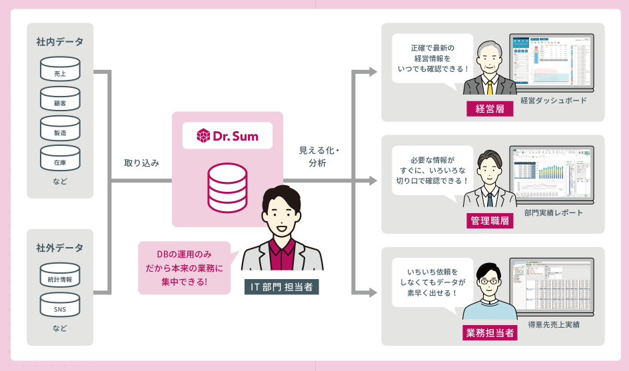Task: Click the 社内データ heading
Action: pyautogui.click(x=60, y=42)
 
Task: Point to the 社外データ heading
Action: pyautogui.click(x=60, y=248)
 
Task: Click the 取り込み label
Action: pyautogui.click(x=142, y=163)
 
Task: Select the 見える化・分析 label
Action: pyautogui.click(x=318, y=157)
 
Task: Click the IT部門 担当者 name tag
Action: pyautogui.click(x=281, y=287)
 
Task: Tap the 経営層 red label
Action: pyautogui.click(x=490, y=109)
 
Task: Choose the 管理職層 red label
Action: pyautogui.click(x=490, y=220)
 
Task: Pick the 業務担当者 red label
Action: pyautogui.click(x=490, y=332)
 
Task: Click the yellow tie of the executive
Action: pyautogui.click(x=490, y=87)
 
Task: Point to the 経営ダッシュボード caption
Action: pyautogui.click(x=554, y=101)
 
